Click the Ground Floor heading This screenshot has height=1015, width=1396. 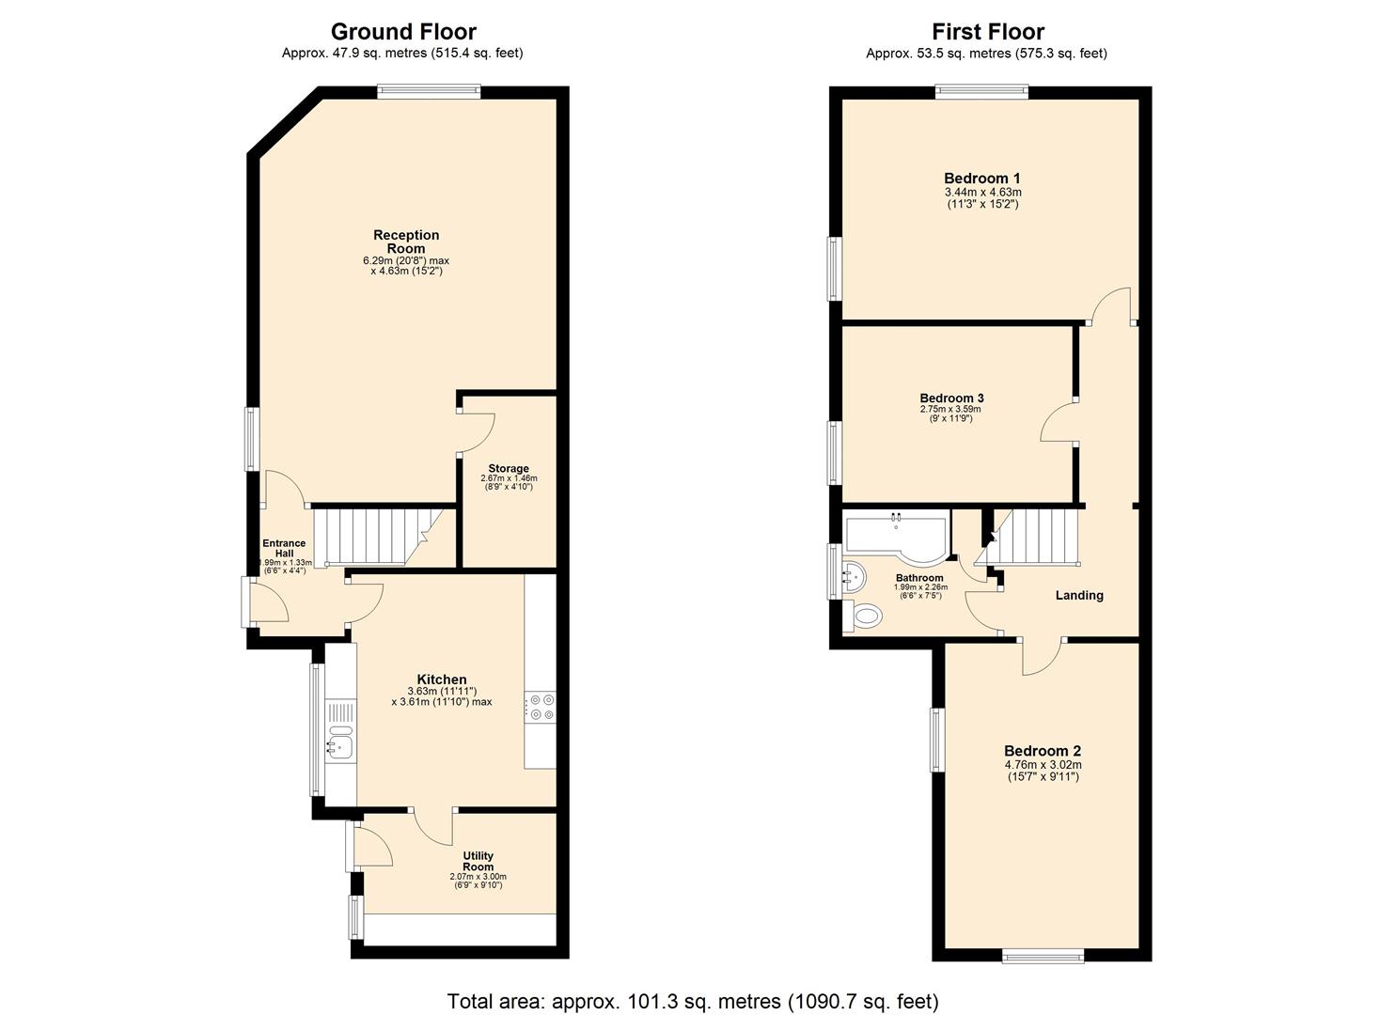403,32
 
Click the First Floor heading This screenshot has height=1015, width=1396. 987,32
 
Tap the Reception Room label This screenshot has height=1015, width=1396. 406,242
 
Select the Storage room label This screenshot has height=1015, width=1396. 509,468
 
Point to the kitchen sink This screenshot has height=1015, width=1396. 339,745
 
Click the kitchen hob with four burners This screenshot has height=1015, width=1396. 541,707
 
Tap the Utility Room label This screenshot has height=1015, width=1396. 478,861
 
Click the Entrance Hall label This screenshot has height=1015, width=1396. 284,549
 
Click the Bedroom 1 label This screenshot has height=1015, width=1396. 982,179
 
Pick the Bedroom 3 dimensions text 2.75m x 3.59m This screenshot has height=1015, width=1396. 950,409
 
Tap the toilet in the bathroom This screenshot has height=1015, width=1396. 867,617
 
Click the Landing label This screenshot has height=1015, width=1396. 1079,595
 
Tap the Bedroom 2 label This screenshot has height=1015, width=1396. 1043,751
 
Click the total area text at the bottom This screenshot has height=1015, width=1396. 693,1001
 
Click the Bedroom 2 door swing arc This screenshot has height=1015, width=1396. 1042,661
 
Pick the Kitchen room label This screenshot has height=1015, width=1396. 442,679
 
